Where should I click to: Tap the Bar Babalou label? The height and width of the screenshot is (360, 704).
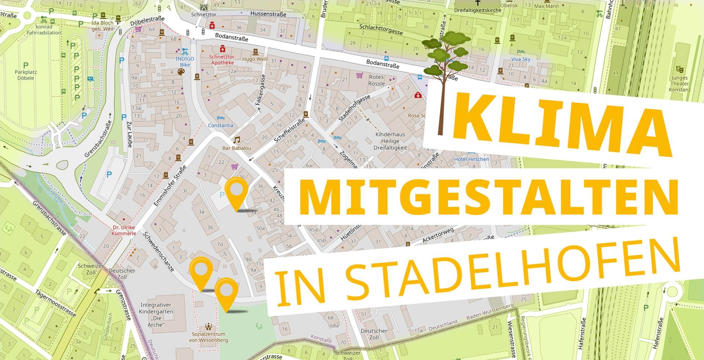237,148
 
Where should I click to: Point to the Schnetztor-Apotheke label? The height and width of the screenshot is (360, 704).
223,60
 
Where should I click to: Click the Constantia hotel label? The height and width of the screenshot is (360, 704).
220,125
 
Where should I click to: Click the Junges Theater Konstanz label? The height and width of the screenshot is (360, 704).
679,84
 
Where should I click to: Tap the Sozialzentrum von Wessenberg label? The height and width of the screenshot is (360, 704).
208,337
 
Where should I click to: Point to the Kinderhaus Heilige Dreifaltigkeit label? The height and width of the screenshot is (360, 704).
390,141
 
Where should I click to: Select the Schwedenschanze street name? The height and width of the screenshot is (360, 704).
159,251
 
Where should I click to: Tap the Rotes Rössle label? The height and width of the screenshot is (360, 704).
377,80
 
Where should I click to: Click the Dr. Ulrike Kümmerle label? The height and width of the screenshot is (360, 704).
124,230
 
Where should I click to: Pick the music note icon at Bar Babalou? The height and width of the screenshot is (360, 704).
237,140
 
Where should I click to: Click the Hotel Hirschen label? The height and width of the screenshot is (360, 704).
471,159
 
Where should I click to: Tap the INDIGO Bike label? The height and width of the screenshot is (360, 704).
185,62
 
